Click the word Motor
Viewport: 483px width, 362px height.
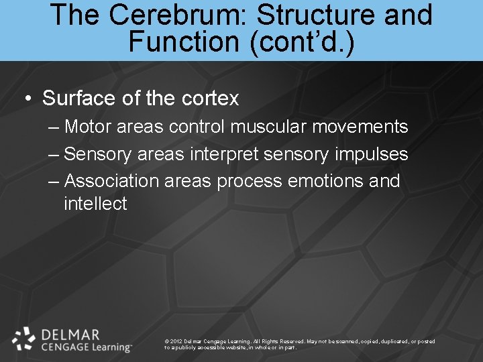91,127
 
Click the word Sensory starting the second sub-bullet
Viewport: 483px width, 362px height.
99,154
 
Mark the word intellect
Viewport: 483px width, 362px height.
95,204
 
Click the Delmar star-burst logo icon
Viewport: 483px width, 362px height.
24,339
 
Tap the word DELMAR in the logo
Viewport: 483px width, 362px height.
70,335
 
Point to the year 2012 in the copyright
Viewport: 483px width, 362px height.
176,341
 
